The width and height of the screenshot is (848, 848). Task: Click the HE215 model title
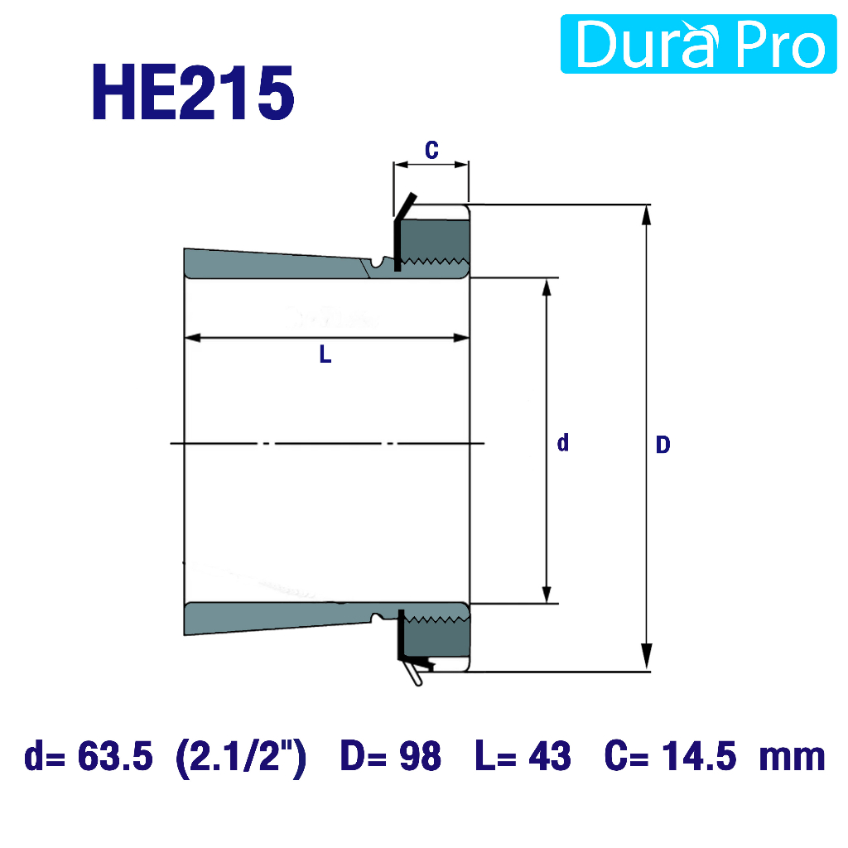pyautogui.click(x=193, y=93)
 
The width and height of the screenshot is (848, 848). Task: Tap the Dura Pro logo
pyautogui.click(x=698, y=44)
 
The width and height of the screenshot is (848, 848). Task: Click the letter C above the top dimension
pyautogui.click(x=431, y=150)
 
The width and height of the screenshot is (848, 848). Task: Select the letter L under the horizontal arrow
pyautogui.click(x=325, y=354)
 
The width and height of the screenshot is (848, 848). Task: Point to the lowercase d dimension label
pyautogui.click(x=563, y=442)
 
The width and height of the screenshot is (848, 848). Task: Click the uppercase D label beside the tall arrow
pyautogui.click(x=663, y=445)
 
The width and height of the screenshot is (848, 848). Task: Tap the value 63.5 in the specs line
pyautogui.click(x=115, y=756)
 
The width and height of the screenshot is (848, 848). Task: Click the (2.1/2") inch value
pyautogui.click(x=242, y=757)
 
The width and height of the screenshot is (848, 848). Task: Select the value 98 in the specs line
pyautogui.click(x=420, y=756)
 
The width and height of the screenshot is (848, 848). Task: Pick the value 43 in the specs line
pyautogui.click(x=550, y=756)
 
